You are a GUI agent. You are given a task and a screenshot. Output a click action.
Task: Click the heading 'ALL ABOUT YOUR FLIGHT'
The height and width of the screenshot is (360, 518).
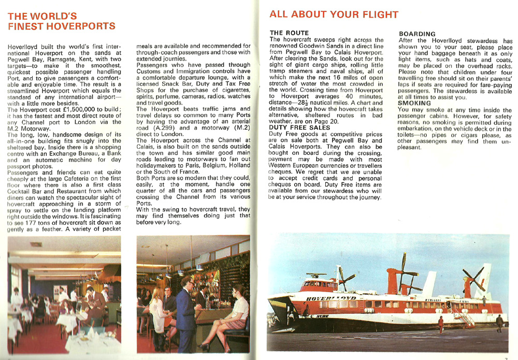point(334,15)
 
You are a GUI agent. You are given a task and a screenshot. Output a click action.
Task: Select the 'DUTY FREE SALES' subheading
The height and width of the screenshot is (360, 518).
point(299,127)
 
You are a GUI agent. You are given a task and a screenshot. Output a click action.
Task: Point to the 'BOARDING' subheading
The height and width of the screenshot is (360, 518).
point(417,34)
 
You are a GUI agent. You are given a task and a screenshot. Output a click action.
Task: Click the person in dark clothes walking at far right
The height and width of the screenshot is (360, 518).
point(499,323)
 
